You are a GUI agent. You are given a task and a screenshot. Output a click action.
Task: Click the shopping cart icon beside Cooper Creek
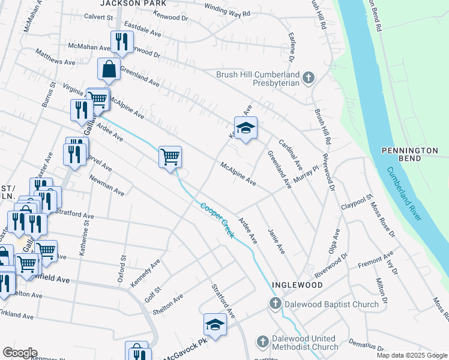click(x=170, y=157)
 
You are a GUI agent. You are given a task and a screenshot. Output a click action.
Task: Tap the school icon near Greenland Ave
click(x=246, y=128)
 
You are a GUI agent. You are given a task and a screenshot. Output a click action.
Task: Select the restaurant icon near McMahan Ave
click(x=121, y=42)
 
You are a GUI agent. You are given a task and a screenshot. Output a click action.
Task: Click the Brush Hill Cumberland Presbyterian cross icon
click(x=308, y=78)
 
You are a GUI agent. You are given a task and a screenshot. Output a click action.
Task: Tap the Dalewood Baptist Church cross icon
click(x=275, y=304)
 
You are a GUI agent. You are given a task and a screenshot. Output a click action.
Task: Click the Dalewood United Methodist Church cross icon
click(x=262, y=343)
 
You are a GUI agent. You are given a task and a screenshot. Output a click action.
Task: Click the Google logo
click(x=20, y=353)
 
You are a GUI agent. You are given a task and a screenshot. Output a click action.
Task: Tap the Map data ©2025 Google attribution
click(x=411, y=355)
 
